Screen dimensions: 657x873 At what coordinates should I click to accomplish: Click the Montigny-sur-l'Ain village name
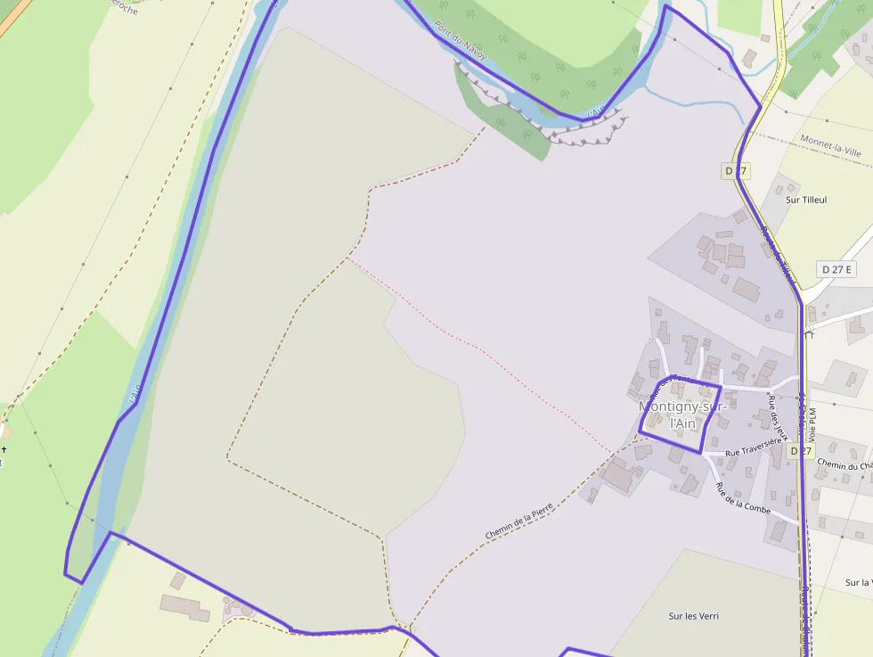[x=683, y=415]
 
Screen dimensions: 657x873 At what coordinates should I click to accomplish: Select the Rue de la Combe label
[x=744, y=497]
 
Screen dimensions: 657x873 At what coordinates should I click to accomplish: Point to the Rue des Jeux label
[x=778, y=417]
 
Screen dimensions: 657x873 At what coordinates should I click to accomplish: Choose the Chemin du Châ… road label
[x=844, y=465]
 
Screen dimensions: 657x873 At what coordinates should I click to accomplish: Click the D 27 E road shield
[x=836, y=269]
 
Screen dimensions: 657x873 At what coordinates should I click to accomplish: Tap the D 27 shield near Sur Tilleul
[x=734, y=170]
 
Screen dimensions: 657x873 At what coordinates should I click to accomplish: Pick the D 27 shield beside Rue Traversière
[x=801, y=451]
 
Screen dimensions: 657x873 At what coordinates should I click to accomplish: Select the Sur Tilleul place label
[x=806, y=201]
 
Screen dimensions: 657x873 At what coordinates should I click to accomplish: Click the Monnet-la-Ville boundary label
[x=830, y=146]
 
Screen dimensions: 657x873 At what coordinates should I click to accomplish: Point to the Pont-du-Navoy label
[x=461, y=41]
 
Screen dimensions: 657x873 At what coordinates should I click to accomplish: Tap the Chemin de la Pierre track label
[x=519, y=521]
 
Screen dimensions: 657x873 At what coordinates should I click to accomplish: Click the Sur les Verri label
[x=693, y=616]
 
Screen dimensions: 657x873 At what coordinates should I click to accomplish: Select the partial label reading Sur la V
[x=858, y=583]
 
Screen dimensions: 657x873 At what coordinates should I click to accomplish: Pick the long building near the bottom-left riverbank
[x=184, y=608]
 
